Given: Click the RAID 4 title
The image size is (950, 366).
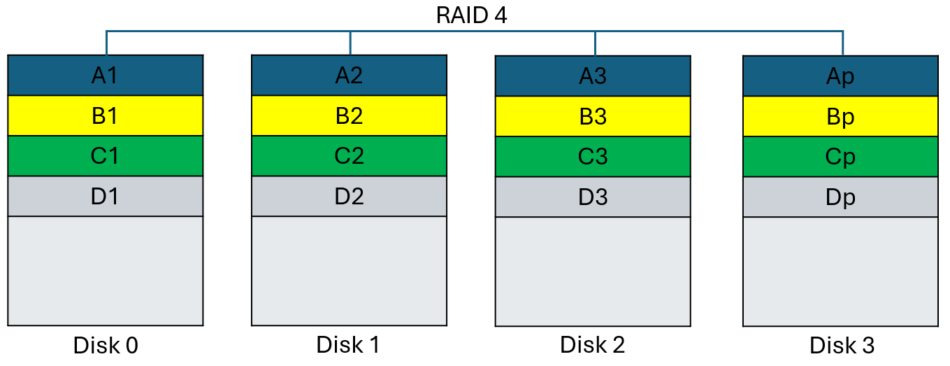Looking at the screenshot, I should coord(471,15).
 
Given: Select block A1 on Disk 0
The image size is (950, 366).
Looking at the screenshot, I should coord(105,76).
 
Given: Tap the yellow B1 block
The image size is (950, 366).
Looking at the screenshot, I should coord(105,116).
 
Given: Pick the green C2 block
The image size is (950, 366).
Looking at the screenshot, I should coord(349,156).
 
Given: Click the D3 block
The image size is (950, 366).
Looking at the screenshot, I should coord(593,197).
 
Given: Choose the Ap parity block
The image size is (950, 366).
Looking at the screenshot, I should coord(840,76).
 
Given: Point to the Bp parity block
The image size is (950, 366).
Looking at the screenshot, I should coord(840,117).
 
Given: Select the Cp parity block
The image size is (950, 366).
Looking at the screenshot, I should coord(840,157).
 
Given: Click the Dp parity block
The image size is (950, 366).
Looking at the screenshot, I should coord(840,197).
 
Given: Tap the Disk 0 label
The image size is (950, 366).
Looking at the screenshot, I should coord(105,346).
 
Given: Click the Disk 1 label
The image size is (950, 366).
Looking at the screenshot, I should coord(348,344).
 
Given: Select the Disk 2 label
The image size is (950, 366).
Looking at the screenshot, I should coord(592,344).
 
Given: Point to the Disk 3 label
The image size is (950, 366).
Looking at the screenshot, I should coord(842,346).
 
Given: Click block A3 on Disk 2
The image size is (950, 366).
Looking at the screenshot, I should coord(593,76).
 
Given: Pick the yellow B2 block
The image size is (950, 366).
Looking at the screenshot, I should coord(349,116).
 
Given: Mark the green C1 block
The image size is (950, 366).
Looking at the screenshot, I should coord(105,156).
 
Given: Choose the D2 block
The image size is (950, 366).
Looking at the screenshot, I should coord(349,197).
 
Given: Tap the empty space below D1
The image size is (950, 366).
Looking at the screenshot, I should coord(105,271).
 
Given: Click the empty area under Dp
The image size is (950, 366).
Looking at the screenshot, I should coord(840,272).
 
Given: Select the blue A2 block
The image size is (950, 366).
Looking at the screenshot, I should coord(349,76).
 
